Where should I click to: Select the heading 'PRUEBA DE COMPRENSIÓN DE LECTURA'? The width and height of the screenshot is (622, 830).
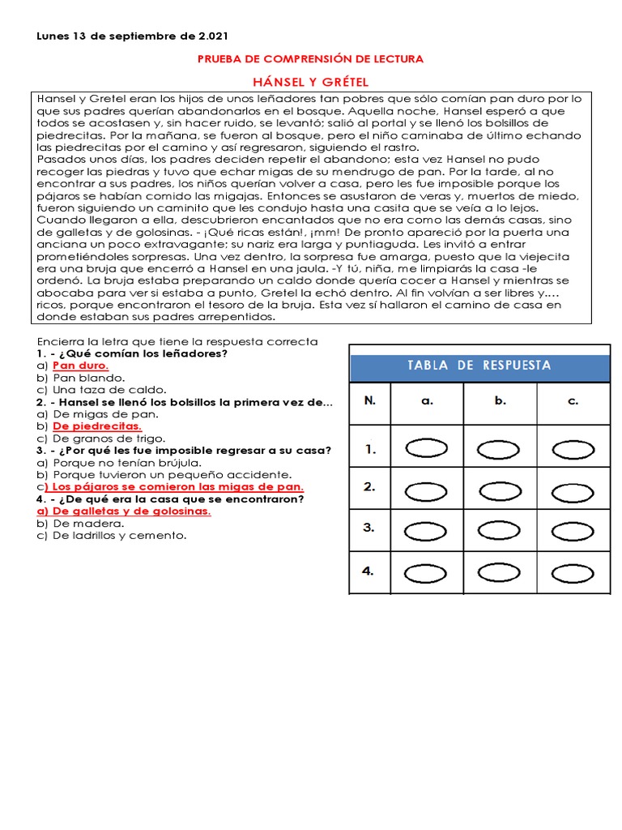(x=311, y=59)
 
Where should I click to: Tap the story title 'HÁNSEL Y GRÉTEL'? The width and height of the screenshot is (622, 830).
(x=311, y=81)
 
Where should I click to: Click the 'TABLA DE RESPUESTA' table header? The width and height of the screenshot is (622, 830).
(x=479, y=365)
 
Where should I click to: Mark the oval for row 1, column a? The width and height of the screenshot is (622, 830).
(x=427, y=449)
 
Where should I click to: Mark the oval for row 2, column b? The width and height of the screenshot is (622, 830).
(x=500, y=489)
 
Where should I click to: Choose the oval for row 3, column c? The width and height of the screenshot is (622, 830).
(x=573, y=530)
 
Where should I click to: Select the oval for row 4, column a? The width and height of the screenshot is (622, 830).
(x=427, y=573)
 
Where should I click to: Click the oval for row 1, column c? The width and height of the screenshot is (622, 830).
(x=573, y=449)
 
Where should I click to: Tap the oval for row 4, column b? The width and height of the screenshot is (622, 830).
(x=500, y=573)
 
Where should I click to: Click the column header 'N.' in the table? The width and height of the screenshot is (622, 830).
(x=370, y=400)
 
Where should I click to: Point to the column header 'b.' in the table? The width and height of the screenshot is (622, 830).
(x=500, y=400)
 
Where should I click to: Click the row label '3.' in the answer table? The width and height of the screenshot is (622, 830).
(x=369, y=528)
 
